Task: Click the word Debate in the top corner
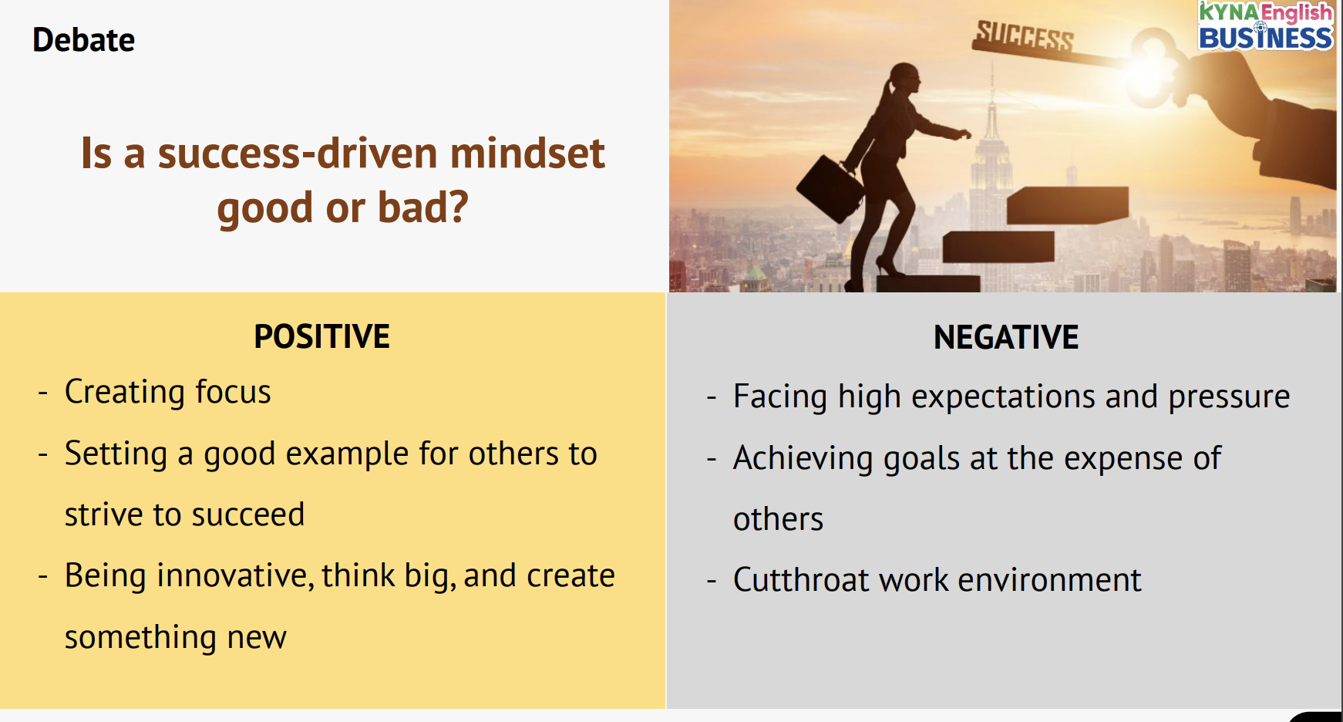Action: [83, 40]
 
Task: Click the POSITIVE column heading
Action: [321, 336]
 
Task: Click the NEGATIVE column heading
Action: [1006, 337]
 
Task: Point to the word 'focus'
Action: [233, 391]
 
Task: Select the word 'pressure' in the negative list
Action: [1229, 397]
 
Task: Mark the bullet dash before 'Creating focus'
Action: [43, 393]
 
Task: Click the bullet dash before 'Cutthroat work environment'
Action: [712, 581]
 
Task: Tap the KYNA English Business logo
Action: [1265, 26]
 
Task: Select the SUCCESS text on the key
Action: [1025, 35]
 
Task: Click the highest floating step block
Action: [1068, 205]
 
